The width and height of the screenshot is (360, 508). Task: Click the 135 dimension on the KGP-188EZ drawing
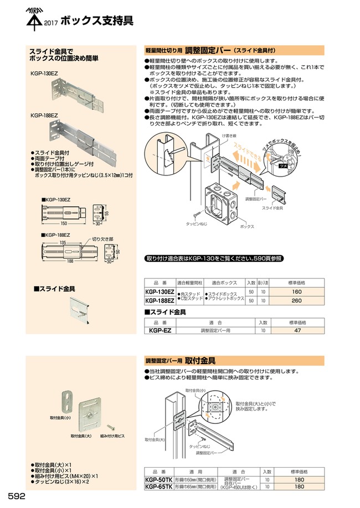point(63,242)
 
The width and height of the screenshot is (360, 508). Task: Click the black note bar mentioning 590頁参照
point(214,258)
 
